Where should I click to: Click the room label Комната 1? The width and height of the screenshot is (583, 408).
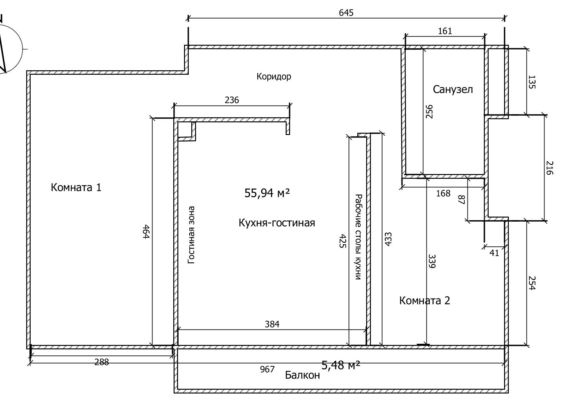click(x=76, y=188)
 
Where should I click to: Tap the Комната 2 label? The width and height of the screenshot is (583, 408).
click(x=425, y=300)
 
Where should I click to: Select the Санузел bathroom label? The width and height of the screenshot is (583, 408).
click(x=453, y=90)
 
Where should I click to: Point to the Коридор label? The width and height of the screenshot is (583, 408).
click(x=274, y=77)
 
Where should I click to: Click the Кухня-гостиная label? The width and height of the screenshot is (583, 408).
click(x=277, y=223)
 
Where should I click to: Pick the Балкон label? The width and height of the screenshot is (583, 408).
click(x=302, y=375)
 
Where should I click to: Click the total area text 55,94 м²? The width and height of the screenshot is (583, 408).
click(x=267, y=193)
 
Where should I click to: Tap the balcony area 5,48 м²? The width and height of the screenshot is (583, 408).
click(x=341, y=365)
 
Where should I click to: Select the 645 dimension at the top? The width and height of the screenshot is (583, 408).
click(x=346, y=13)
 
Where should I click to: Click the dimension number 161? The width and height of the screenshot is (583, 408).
click(x=445, y=31)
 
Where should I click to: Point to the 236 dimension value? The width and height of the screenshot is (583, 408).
click(x=232, y=100)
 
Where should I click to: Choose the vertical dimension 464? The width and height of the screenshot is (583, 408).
click(x=146, y=232)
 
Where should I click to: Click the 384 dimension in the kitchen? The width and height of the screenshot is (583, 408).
click(x=272, y=324)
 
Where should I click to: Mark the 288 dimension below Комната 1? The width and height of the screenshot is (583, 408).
click(x=102, y=362)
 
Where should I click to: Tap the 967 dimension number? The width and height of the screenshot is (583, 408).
click(x=267, y=369)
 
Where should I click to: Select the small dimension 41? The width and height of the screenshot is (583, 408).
click(x=494, y=253)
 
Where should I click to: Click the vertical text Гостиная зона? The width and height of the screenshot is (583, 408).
click(x=191, y=235)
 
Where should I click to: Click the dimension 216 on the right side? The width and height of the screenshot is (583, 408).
click(x=550, y=168)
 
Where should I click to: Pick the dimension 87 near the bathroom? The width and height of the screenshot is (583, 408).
click(x=461, y=200)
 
